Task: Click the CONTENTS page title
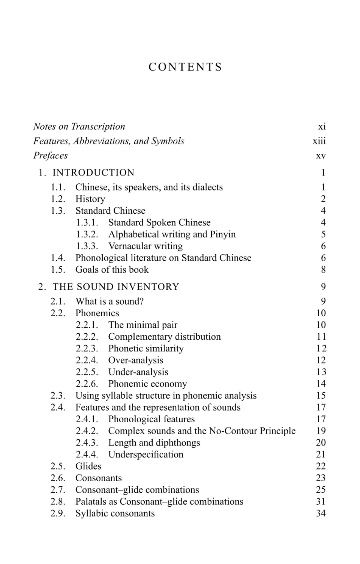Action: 185,67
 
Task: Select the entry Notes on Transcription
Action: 79,127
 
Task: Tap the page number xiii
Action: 319,141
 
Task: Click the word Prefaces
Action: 51,156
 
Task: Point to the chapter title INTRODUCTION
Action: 93,173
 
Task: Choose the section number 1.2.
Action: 58,199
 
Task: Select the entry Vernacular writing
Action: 145,246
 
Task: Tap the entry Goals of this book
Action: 112,270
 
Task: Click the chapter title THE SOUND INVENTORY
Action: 116,287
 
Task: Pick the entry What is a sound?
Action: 109,301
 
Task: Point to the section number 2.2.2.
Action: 87,337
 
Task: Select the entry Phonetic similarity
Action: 146,348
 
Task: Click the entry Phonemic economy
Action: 147,384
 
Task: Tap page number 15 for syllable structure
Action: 321,396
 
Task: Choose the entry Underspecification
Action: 146,454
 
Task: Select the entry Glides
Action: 88,466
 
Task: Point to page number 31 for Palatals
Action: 321,502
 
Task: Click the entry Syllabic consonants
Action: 115,513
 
